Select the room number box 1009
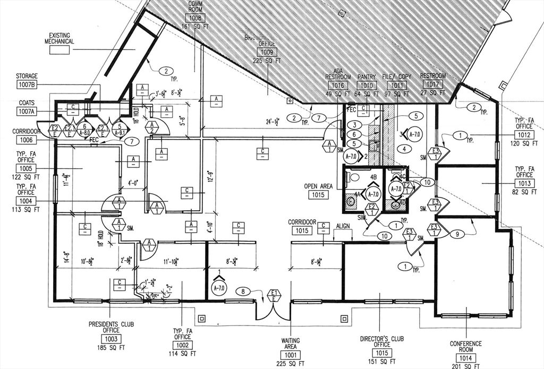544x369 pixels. [x=267, y=52]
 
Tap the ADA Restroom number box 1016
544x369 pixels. [x=338, y=85]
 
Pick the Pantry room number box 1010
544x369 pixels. [x=367, y=85]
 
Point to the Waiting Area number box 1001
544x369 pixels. [x=290, y=355]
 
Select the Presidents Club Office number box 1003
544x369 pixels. [x=111, y=339]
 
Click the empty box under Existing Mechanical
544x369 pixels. [x=60, y=50]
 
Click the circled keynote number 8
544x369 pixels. [x=243, y=291]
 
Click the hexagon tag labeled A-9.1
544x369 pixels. [x=120, y=129]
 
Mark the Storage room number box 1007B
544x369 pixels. [x=27, y=84]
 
